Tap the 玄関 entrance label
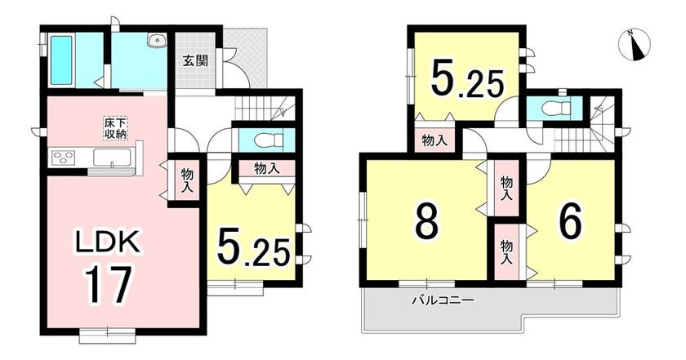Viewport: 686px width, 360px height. click(x=195, y=60)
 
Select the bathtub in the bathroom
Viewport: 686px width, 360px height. click(x=61, y=60)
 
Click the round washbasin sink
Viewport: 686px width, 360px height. click(x=158, y=41)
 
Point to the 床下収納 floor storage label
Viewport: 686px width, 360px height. click(x=115, y=128)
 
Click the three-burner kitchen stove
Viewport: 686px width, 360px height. click(x=64, y=157)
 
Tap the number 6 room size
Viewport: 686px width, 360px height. click(x=571, y=220)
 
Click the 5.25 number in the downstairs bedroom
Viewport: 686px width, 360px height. click(x=253, y=248)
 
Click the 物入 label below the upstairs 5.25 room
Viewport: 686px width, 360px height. click(x=434, y=141)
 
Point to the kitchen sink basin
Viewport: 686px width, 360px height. click(x=112, y=158)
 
